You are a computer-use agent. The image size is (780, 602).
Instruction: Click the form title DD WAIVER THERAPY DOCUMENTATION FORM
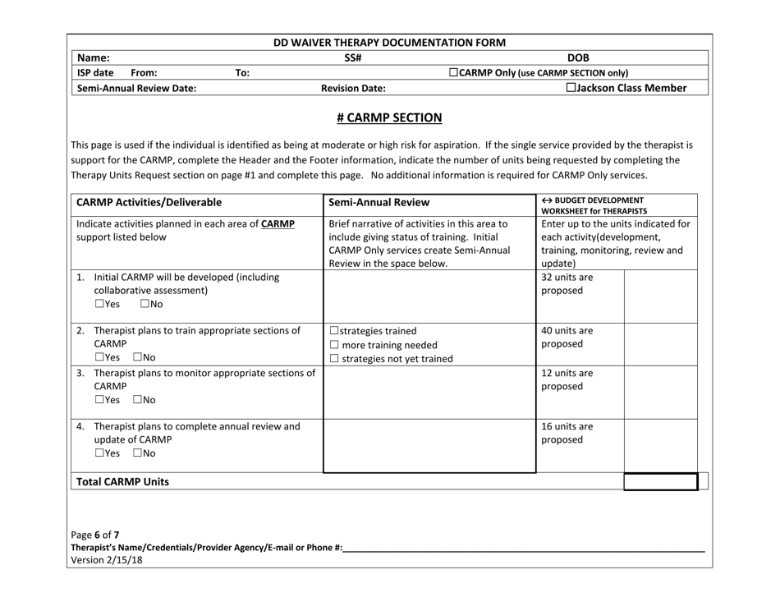389,42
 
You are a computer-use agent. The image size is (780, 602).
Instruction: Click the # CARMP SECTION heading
390,117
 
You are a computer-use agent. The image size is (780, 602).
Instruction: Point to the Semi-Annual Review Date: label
136,89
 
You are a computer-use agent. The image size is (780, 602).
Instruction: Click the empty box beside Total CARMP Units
660,482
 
